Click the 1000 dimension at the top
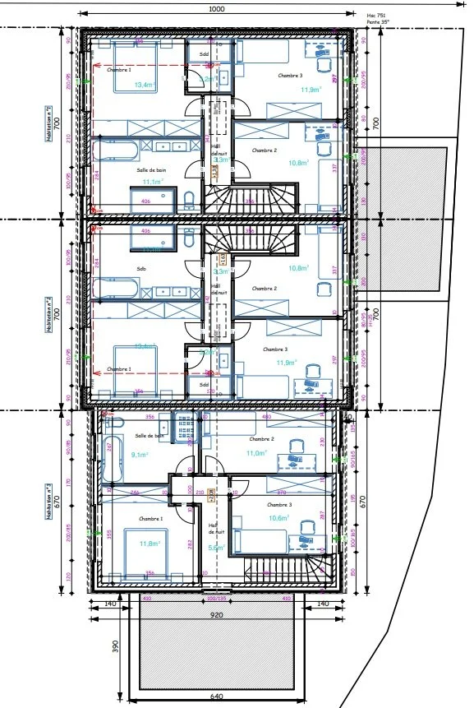(x=216, y=9)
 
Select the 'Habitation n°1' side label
(x=50, y=123)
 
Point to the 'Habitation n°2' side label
(x=50, y=313)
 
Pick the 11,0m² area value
(x=258, y=453)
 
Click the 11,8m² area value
(x=149, y=544)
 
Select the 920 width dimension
(x=216, y=614)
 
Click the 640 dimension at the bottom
(x=216, y=698)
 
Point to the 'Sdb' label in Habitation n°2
(x=141, y=268)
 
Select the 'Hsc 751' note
(x=375, y=15)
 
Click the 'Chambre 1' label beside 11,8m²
(x=150, y=519)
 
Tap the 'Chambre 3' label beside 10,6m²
(x=279, y=504)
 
